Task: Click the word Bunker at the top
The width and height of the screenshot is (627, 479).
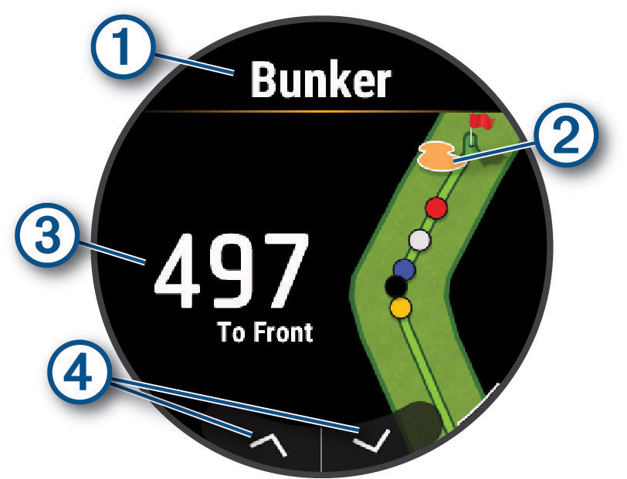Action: coord(321,80)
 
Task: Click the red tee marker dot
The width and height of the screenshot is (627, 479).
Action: coord(437,207)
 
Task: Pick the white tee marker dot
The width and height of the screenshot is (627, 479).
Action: coord(419,239)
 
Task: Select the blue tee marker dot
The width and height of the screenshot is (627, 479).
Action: coord(404,268)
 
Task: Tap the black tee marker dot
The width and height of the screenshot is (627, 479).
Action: coord(396,286)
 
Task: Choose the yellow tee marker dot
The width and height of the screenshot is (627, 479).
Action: coord(400,309)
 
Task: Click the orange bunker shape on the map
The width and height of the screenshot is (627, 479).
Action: coord(436,155)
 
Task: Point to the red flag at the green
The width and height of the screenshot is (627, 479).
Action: coord(482,121)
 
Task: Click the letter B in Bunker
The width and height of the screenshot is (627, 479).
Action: coord(265,80)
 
